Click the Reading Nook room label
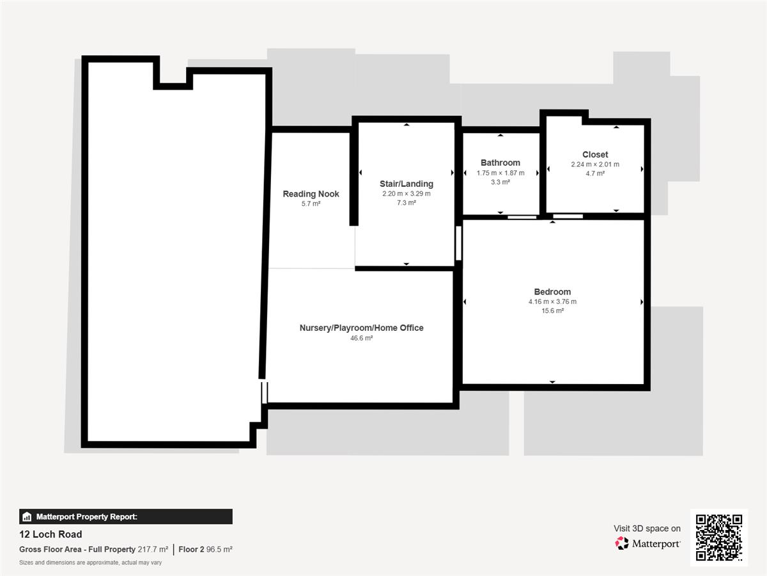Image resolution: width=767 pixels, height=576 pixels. point(311,194)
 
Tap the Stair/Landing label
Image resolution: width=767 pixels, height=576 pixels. point(407,184)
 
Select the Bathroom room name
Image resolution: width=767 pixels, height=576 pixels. point(500,163)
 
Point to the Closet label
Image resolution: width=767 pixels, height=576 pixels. point(595,155)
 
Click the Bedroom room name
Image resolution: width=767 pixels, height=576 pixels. point(552,292)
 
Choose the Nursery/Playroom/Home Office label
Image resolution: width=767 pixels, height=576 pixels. point(361,328)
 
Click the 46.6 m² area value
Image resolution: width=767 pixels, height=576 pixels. point(361,338)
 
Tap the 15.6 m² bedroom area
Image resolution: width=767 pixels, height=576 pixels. point(552,310)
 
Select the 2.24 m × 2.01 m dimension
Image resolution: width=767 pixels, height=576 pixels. point(595,164)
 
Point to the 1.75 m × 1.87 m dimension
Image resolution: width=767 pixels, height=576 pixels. point(500,173)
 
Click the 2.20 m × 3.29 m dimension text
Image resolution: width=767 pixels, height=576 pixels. point(407,193)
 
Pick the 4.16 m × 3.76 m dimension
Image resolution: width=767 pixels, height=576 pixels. point(552,301)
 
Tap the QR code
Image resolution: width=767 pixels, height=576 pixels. point(719,538)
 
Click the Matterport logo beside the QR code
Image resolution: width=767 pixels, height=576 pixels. point(647,543)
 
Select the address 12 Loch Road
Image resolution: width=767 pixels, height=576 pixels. point(50,534)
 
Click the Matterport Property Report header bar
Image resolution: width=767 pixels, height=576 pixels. point(126,516)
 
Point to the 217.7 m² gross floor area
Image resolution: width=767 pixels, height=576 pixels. point(153,549)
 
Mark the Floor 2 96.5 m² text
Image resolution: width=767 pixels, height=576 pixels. point(205,549)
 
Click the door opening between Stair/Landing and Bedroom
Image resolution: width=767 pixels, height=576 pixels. point(458,243)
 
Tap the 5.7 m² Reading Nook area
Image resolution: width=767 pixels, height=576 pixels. point(311,204)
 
